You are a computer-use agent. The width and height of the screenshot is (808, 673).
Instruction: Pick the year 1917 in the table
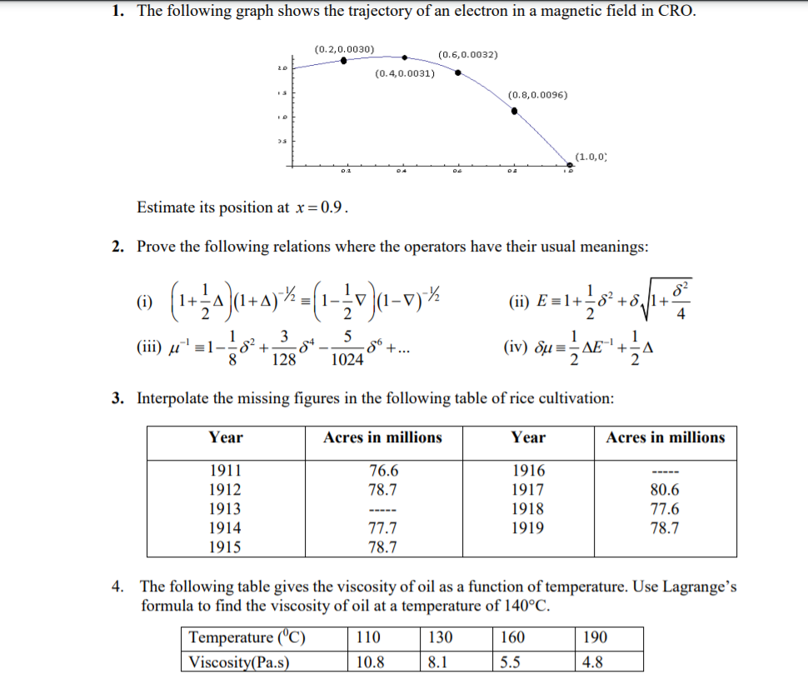pyautogui.click(x=528, y=490)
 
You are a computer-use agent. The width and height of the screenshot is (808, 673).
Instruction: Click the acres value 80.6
pyautogui.click(x=665, y=490)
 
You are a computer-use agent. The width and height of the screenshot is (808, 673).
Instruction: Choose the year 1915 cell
pyautogui.click(x=225, y=547)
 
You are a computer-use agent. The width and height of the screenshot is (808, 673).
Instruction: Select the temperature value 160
pyautogui.click(x=512, y=638)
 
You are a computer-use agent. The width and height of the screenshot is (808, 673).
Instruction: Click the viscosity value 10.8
pyautogui.click(x=370, y=662)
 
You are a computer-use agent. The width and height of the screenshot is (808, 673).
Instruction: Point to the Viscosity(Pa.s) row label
pyautogui.click(x=245, y=662)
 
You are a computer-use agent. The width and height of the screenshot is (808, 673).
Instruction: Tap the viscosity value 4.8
pyautogui.click(x=596, y=662)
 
